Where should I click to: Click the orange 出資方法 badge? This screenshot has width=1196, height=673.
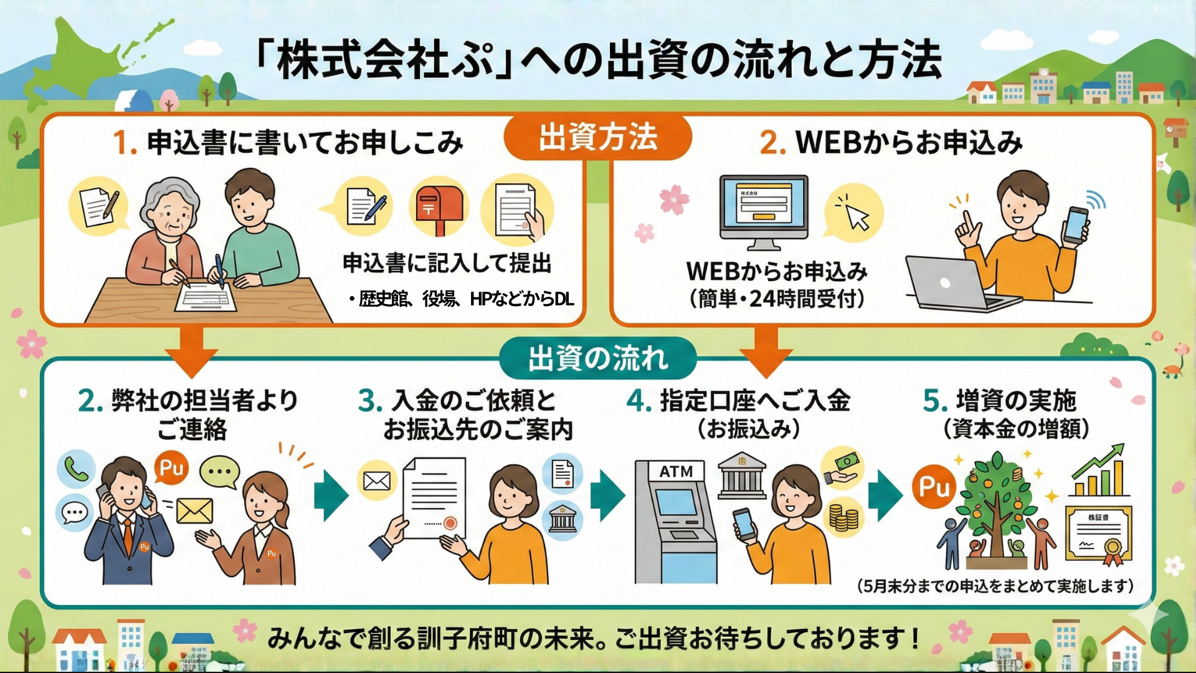point(597,137)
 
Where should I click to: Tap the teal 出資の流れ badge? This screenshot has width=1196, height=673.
point(597,358)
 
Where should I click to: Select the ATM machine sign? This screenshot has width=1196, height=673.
point(676,472)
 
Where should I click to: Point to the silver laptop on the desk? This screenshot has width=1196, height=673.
point(953,284)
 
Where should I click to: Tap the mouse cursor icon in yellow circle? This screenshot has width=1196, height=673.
point(854,212)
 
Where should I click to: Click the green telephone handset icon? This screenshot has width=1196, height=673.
point(76,469)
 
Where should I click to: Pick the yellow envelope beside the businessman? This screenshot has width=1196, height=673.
point(194,512)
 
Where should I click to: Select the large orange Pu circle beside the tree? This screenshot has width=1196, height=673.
point(934,487)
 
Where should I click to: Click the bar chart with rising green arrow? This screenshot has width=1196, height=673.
point(1100,472)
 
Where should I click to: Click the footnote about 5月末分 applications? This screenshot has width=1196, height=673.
point(995,586)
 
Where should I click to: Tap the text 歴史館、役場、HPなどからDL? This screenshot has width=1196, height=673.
point(462,300)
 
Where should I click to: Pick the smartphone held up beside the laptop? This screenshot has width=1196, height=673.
point(1075,225)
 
